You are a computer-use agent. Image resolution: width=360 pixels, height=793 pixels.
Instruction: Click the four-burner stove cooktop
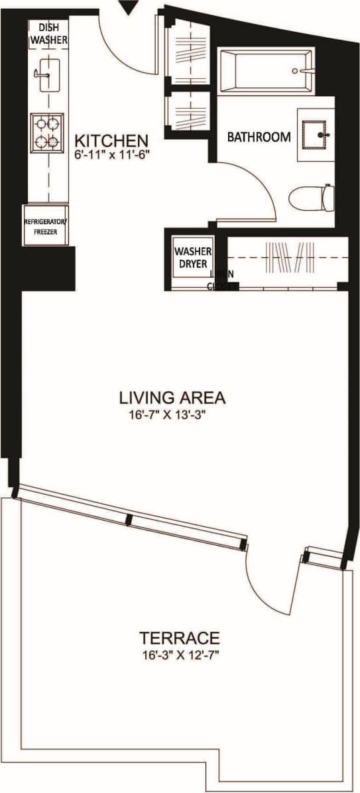(x=47, y=132)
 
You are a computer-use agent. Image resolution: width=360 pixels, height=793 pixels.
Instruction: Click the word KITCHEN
(x=110, y=141)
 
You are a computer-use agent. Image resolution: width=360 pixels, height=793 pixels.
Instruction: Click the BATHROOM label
(x=259, y=137)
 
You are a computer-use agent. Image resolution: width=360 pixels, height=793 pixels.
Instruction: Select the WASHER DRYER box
(x=192, y=257)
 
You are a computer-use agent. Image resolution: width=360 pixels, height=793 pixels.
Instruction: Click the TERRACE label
(x=179, y=639)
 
